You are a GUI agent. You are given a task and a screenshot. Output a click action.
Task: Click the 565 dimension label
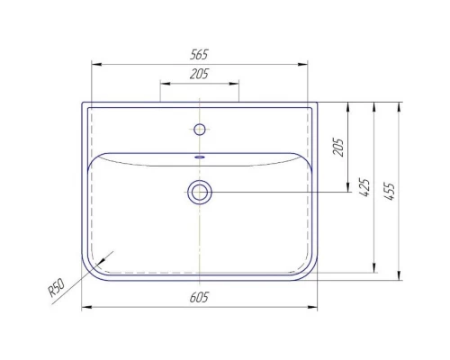click(199, 55)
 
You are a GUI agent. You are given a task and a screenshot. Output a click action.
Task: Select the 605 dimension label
click(199, 297)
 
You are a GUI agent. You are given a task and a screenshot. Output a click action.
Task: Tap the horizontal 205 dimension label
click(199, 74)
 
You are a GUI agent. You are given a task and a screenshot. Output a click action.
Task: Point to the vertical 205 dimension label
click(338, 147)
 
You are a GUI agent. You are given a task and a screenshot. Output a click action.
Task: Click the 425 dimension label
click(364, 187)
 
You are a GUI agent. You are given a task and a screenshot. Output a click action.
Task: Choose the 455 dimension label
click(390, 191)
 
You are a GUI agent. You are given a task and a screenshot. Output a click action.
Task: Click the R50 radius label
click(56, 287)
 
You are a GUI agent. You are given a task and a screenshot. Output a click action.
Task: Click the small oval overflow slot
click(200, 157)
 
